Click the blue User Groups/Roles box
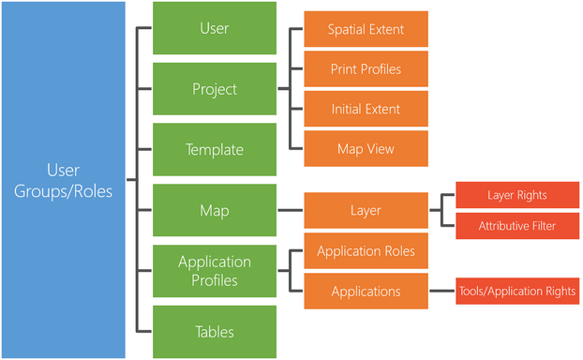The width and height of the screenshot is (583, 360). pos(63,180)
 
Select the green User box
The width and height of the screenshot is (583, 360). pos(214,28)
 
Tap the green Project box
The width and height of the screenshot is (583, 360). pos(214,90)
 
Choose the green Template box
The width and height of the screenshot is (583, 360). pos(214,150)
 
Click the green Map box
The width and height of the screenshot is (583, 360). pos(214,210)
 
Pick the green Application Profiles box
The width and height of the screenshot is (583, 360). pos(214,270)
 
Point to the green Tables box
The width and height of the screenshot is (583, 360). pos(214,331)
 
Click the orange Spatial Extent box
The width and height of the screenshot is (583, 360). pos(366,29)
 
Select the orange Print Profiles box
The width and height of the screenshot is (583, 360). pos(366,69)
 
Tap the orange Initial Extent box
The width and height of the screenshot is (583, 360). pos(366,110)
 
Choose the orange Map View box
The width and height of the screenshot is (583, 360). pos(366,149)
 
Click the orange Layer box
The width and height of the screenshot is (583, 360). pos(366,211)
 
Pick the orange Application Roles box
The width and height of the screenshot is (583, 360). pos(366,251)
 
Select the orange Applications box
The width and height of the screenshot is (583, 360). pos(366,292)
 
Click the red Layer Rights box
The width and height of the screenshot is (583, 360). pos(516,195)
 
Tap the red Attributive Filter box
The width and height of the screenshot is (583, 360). pos(516,226)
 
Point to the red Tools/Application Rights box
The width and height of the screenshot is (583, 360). pos(516,292)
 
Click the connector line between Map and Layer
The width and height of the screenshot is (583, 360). pos(290,211)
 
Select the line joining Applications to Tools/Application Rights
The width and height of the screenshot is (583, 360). pos(441,292)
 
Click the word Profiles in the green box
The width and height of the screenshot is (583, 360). pos(214,279)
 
